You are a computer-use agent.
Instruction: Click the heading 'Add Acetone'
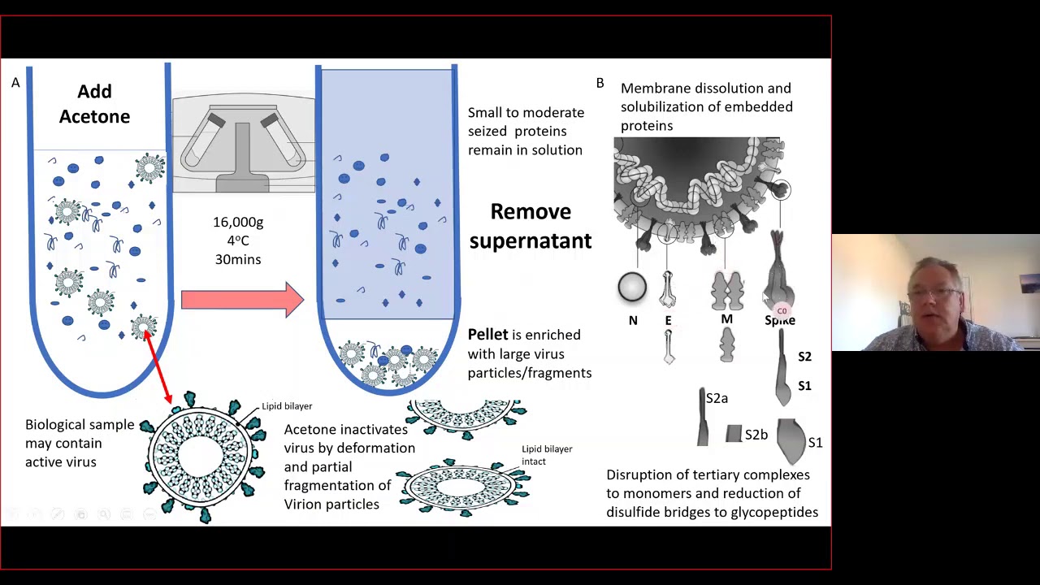[94, 104]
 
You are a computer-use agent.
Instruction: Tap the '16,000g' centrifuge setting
[238, 222]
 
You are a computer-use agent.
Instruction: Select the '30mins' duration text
[238, 259]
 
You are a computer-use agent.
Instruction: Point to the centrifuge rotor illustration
[243, 145]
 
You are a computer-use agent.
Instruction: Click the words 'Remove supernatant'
[530, 226]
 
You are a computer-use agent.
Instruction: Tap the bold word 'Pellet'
[487, 335]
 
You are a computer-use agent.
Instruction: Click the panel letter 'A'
[15, 83]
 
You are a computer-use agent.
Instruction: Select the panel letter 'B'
[600, 83]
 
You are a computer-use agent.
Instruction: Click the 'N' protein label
[633, 321]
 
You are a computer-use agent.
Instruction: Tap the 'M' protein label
[726, 319]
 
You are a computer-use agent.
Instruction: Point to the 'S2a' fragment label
[717, 398]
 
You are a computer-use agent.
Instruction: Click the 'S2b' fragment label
[756, 435]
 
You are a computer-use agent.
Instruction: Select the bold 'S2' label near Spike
[804, 357]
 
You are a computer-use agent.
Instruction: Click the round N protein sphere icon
[632, 287]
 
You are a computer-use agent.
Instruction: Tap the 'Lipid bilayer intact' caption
[546, 455]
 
